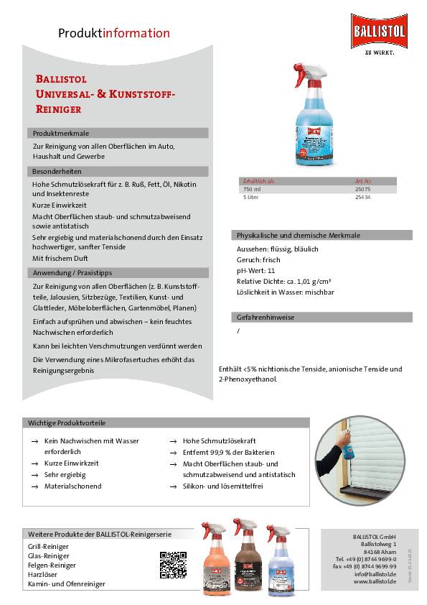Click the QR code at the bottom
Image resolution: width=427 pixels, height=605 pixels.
point(173,565)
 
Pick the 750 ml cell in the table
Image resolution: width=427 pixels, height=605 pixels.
point(251,188)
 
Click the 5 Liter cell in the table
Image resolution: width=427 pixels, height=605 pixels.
point(250,196)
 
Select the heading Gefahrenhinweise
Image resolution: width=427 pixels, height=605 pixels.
point(265,317)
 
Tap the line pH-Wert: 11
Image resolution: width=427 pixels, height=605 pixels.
point(255,270)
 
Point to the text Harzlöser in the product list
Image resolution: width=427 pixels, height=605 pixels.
point(43,574)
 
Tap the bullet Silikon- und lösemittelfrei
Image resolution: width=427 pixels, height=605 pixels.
point(224,486)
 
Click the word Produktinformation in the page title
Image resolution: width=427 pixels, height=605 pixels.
point(114,33)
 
